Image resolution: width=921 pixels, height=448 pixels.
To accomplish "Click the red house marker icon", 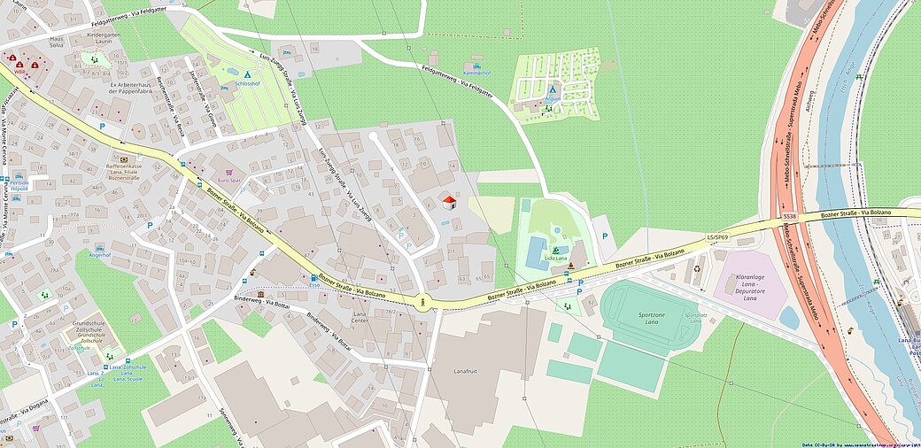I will pos(449,203).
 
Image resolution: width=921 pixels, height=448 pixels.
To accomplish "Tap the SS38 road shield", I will pos(790,216).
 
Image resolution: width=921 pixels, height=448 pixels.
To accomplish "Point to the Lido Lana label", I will pos(556,258).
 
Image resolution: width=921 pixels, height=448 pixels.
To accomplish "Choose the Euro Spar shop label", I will pos(228,181).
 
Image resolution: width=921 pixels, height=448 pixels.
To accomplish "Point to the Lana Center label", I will pos(360,318).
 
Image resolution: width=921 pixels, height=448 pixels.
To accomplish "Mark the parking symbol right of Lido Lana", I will pos(605,236).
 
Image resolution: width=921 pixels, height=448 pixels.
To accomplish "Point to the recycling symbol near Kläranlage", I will pos(697,268).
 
